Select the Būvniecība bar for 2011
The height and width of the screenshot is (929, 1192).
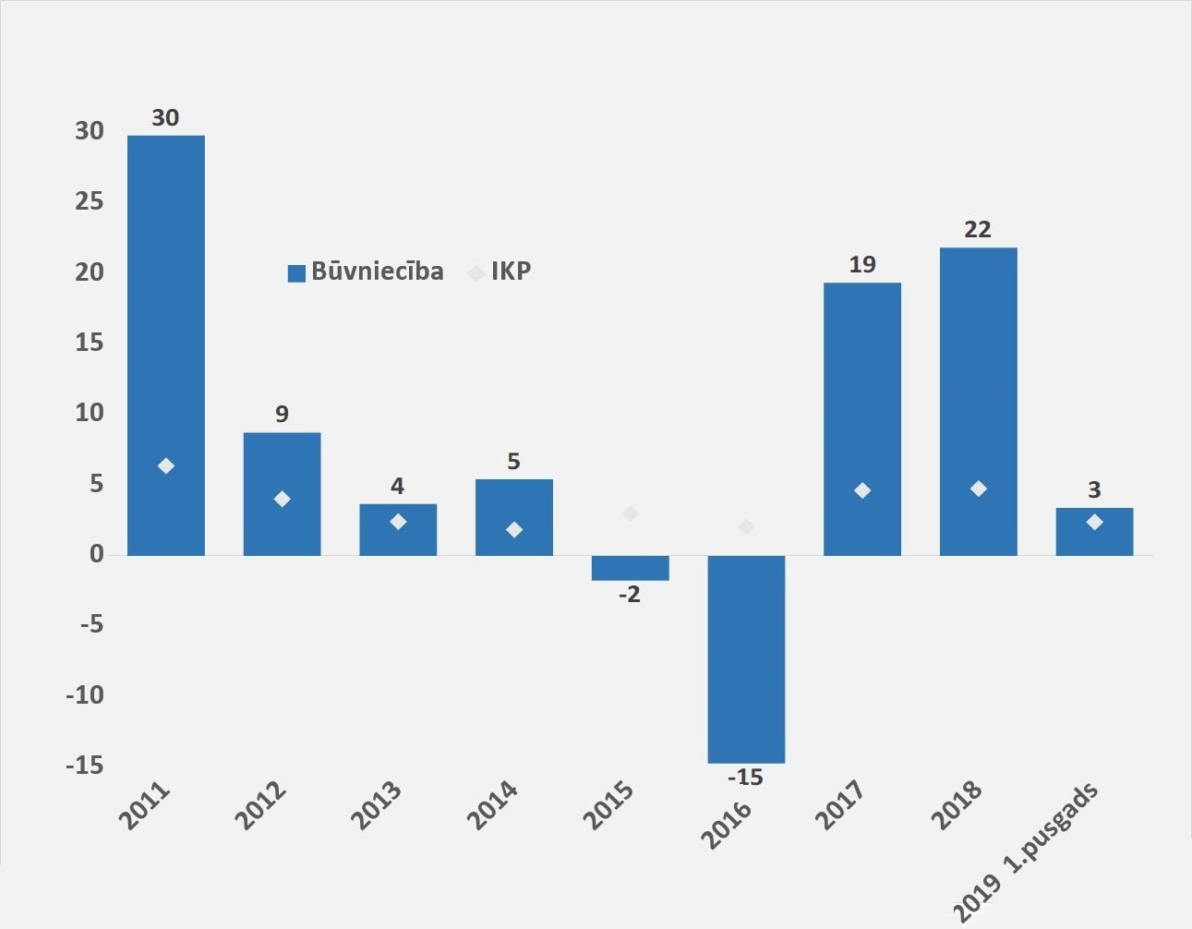pos(166,345)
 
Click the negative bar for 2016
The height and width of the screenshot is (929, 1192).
pos(746,659)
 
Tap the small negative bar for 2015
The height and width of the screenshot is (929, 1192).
pos(631,568)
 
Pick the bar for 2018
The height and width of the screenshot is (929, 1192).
pos(979,402)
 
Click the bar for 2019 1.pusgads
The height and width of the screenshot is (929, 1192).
pos(1094,532)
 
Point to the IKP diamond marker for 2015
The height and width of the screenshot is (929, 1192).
pos(631,513)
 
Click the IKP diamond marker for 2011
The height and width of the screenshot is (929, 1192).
pos(166,466)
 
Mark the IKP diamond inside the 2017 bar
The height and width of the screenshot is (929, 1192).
pos(862,490)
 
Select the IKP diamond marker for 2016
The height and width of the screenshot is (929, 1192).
pos(746,526)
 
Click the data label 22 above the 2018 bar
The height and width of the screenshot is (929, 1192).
pos(978,230)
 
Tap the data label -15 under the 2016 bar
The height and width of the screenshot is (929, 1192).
pos(745,778)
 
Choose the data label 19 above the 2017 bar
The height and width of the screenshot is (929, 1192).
pos(862,265)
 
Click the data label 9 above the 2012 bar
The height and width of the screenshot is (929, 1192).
pos(282,414)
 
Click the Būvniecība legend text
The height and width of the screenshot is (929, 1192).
pos(378,271)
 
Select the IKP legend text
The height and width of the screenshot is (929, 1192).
pos(512,271)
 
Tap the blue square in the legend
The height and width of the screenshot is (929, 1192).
pos(296,273)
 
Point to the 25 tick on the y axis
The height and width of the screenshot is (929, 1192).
pos(90,202)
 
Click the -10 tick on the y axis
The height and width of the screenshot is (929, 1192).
pos(84,695)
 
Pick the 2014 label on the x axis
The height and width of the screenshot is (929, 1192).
pos(491,805)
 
